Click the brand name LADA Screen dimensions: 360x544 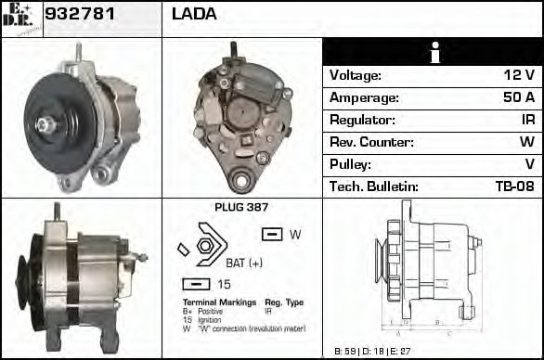[194, 14]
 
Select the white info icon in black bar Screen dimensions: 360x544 [432, 52]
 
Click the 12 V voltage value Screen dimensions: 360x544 [516, 75]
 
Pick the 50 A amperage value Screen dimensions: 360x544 [515, 97]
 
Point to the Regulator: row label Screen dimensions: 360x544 [363, 120]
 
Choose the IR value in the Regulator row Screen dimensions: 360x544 [525, 120]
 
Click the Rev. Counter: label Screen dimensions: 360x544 [369, 142]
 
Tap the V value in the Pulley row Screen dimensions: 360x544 [529, 164]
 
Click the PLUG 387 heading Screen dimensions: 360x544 [241, 208]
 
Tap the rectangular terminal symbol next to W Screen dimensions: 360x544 [272, 235]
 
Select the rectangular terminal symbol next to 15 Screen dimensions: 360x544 [196, 284]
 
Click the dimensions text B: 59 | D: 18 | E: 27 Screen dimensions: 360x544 [371, 351]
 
